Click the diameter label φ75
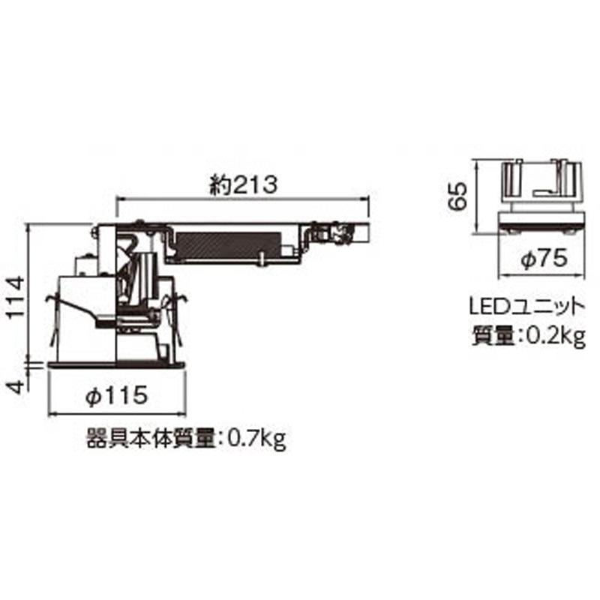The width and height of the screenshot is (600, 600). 540,259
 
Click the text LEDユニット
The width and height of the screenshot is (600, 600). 525,307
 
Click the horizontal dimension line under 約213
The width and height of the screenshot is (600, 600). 244,199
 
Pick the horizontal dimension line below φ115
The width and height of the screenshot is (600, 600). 115,413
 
